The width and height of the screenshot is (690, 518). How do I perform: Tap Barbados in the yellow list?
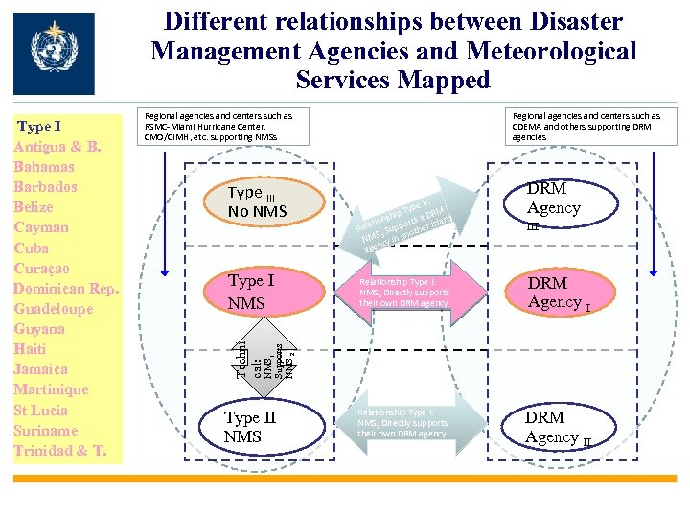(45, 186)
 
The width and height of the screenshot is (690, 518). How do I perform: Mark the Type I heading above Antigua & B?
(39, 127)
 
